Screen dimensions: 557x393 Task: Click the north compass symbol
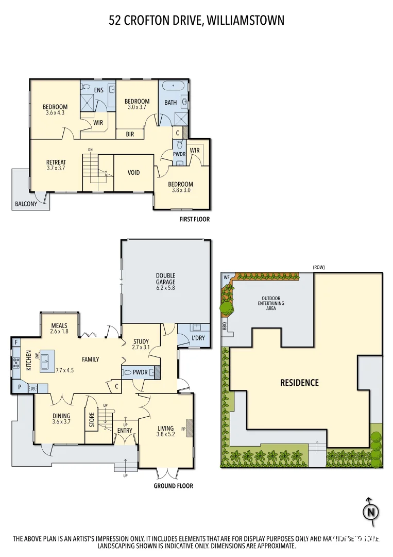(x=369, y=512)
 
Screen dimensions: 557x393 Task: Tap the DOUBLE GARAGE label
(x=165, y=278)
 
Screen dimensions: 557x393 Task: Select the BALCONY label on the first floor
(x=26, y=204)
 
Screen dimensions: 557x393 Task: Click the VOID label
(x=133, y=172)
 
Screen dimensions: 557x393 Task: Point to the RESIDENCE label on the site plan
(x=299, y=383)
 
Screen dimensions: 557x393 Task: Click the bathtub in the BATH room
(x=174, y=86)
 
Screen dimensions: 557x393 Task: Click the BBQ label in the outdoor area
(x=225, y=326)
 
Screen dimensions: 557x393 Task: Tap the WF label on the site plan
(x=226, y=277)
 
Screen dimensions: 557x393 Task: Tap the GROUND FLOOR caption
(x=174, y=486)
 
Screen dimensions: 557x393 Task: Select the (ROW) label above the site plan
(x=318, y=267)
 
